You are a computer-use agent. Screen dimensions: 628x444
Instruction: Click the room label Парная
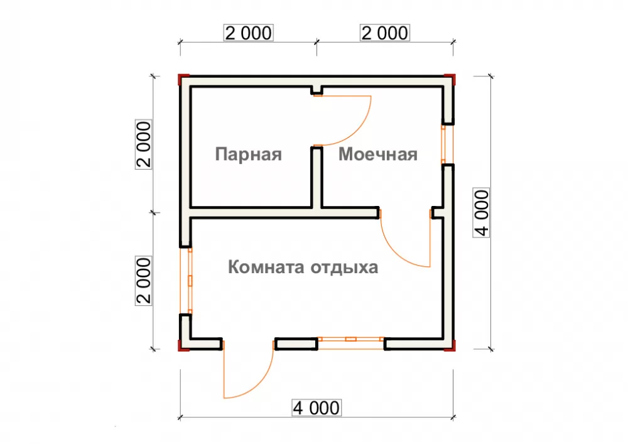click(x=248, y=154)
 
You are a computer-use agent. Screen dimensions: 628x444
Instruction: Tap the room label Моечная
click(x=378, y=154)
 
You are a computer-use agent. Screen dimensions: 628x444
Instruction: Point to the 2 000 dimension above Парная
click(x=248, y=33)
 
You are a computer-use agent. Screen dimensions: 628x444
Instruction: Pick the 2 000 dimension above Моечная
click(x=385, y=33)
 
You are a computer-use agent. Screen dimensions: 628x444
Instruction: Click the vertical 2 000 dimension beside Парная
click(x=144, y=144)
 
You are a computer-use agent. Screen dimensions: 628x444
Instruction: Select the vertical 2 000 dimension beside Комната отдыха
click(x=144, y=281)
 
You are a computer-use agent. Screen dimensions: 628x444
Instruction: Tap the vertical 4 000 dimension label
click(x=482, y=213)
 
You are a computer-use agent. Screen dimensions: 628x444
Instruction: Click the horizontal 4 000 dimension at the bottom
click(x=317, y=408)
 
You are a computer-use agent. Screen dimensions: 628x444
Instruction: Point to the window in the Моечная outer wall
click(x=448, y=144)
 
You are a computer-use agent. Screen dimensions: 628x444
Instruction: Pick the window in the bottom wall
click(x=351, y=344)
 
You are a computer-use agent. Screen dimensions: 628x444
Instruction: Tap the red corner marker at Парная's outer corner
click(x=183, y=79)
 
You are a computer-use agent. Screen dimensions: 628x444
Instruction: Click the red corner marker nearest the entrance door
click(x=183, y=345)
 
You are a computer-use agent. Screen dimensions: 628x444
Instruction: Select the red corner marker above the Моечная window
click(x=450, y=79)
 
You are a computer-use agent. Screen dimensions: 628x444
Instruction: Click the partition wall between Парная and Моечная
click(x=317, y=178)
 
